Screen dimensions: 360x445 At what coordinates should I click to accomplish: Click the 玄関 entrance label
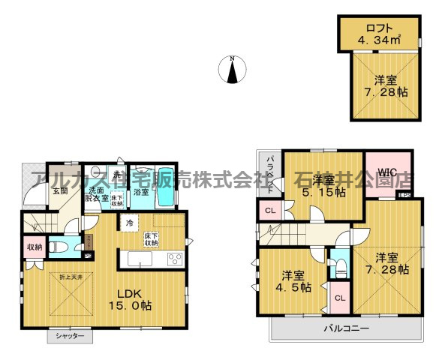pyautogui.click(x=59, y=190)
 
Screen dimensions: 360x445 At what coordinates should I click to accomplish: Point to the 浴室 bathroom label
pyautogui.click(x=140, y=192)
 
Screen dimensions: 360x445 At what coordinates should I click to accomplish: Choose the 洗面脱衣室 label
pyautogui.click(x=95, y=195)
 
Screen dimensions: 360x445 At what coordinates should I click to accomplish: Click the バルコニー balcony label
pyautogui.click(x=345, y=328)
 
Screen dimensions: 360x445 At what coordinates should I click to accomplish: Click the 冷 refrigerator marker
pyautogui.click(x=129, y=223)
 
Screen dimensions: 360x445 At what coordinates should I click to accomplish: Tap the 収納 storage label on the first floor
pyautogui.click(x=34, y=247)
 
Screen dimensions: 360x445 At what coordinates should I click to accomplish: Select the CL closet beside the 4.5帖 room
pyautogui.click(x=339, y=298)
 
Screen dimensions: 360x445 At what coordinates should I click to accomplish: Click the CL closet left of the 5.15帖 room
pyautogui.click(x=269, y=209)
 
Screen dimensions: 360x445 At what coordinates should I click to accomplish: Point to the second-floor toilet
pyautogui.click(x=340, y=265)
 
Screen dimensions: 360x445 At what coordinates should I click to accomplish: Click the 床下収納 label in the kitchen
pyautogui.click(x=152, y=239)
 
